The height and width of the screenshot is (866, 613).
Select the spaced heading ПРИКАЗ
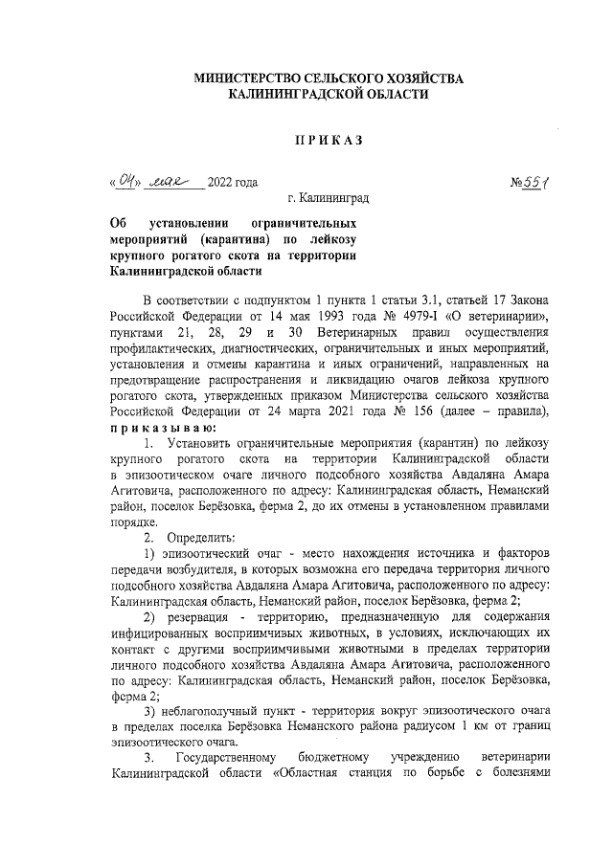329,141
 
